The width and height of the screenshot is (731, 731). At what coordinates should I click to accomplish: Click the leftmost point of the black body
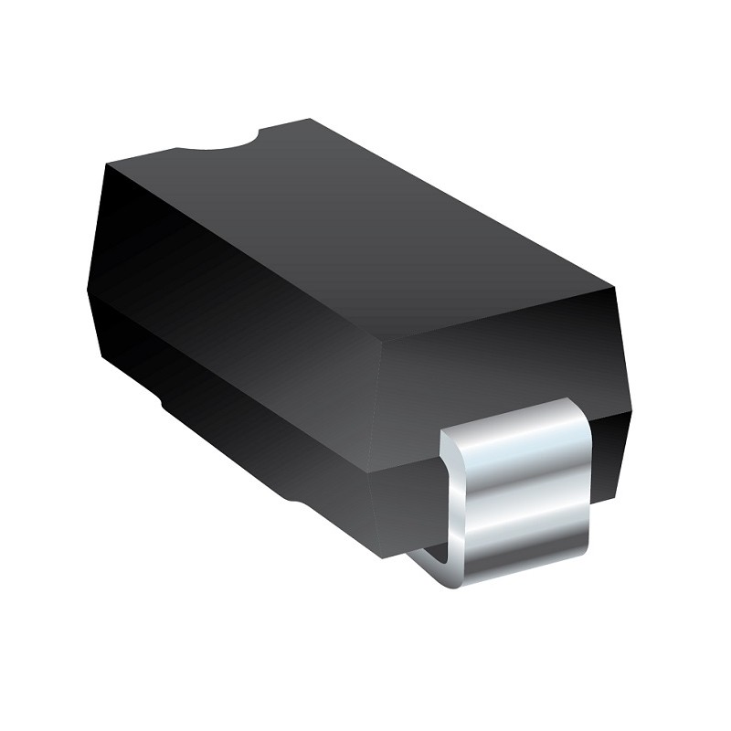88,292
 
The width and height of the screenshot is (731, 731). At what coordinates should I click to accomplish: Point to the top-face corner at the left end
106,165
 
